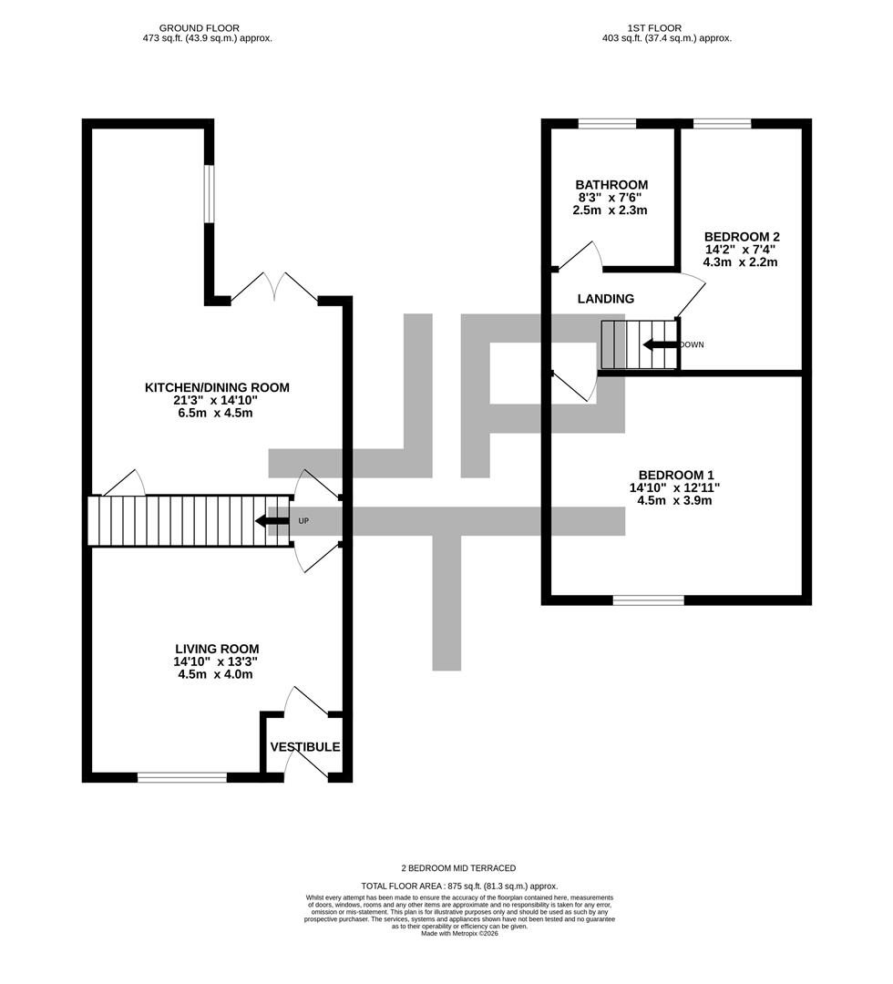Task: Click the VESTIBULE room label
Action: click(x=305, y=747)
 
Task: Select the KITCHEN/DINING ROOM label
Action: click(x=217, y=387)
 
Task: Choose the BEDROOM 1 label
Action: click(x=675, y=475)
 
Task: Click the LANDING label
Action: click(x=605, y=299)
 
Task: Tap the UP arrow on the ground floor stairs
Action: click(x=272, y=521)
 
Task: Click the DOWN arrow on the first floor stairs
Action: click(x=660, y=344)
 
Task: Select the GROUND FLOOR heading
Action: click(x=199, y=28)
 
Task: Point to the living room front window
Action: click(x=181, y=777)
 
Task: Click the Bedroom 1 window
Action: click(x=648, y=600)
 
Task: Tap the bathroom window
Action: click(x=606, y=124)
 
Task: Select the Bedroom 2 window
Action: click(x=722, y=124)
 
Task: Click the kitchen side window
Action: click(x=209, y=193)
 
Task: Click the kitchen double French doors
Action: click(x=274, y=287)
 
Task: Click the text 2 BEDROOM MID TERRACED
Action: click(x=459, y=868)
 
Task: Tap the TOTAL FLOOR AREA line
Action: click(x=459, y=886)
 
